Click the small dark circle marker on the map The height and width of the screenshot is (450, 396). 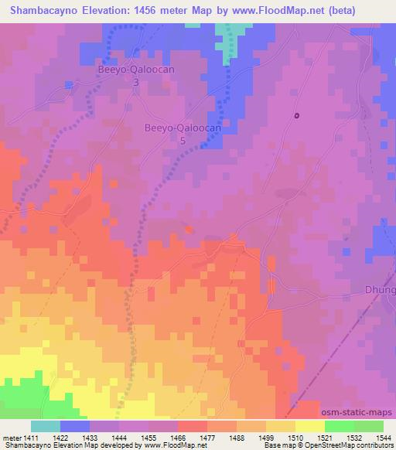click(x=296, y=116)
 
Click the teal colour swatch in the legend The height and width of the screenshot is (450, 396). click(x=46, y=426)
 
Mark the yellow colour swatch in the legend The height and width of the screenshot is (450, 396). click(x=310, y=426)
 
